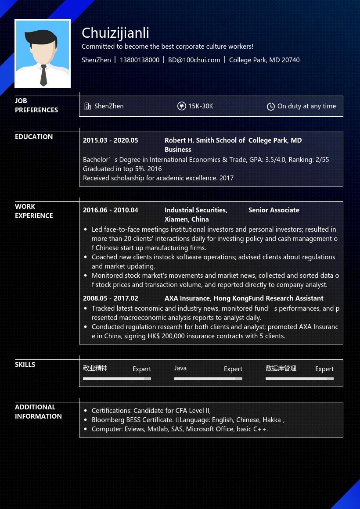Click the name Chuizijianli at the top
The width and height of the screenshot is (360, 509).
pos(115,33)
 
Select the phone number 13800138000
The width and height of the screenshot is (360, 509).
pos(140,60)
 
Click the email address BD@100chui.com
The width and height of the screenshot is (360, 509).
pos(194,60)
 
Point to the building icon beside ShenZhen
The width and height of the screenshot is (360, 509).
pos(88,106)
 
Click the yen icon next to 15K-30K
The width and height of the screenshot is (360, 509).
pos(182,106)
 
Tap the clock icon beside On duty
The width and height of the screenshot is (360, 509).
pos(271,107)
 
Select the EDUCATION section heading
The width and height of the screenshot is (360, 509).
pos(34,137)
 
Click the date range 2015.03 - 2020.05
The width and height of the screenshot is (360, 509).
pos(111,140)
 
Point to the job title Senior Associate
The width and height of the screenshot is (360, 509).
pos(274,210)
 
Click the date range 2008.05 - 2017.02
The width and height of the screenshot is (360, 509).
pos(111,298)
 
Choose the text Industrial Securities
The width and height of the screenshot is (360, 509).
pos(196,210)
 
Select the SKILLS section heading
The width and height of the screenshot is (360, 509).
pos(25,365)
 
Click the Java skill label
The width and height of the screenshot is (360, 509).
pos(180,368)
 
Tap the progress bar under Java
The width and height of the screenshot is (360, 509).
pos(208,378)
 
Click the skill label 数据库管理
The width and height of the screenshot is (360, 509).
pos(281,368)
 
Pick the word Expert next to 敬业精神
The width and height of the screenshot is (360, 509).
pos(142,369)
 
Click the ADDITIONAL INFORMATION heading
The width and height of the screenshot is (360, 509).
pos(38,412)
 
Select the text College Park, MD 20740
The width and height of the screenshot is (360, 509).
pos(264,60)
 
